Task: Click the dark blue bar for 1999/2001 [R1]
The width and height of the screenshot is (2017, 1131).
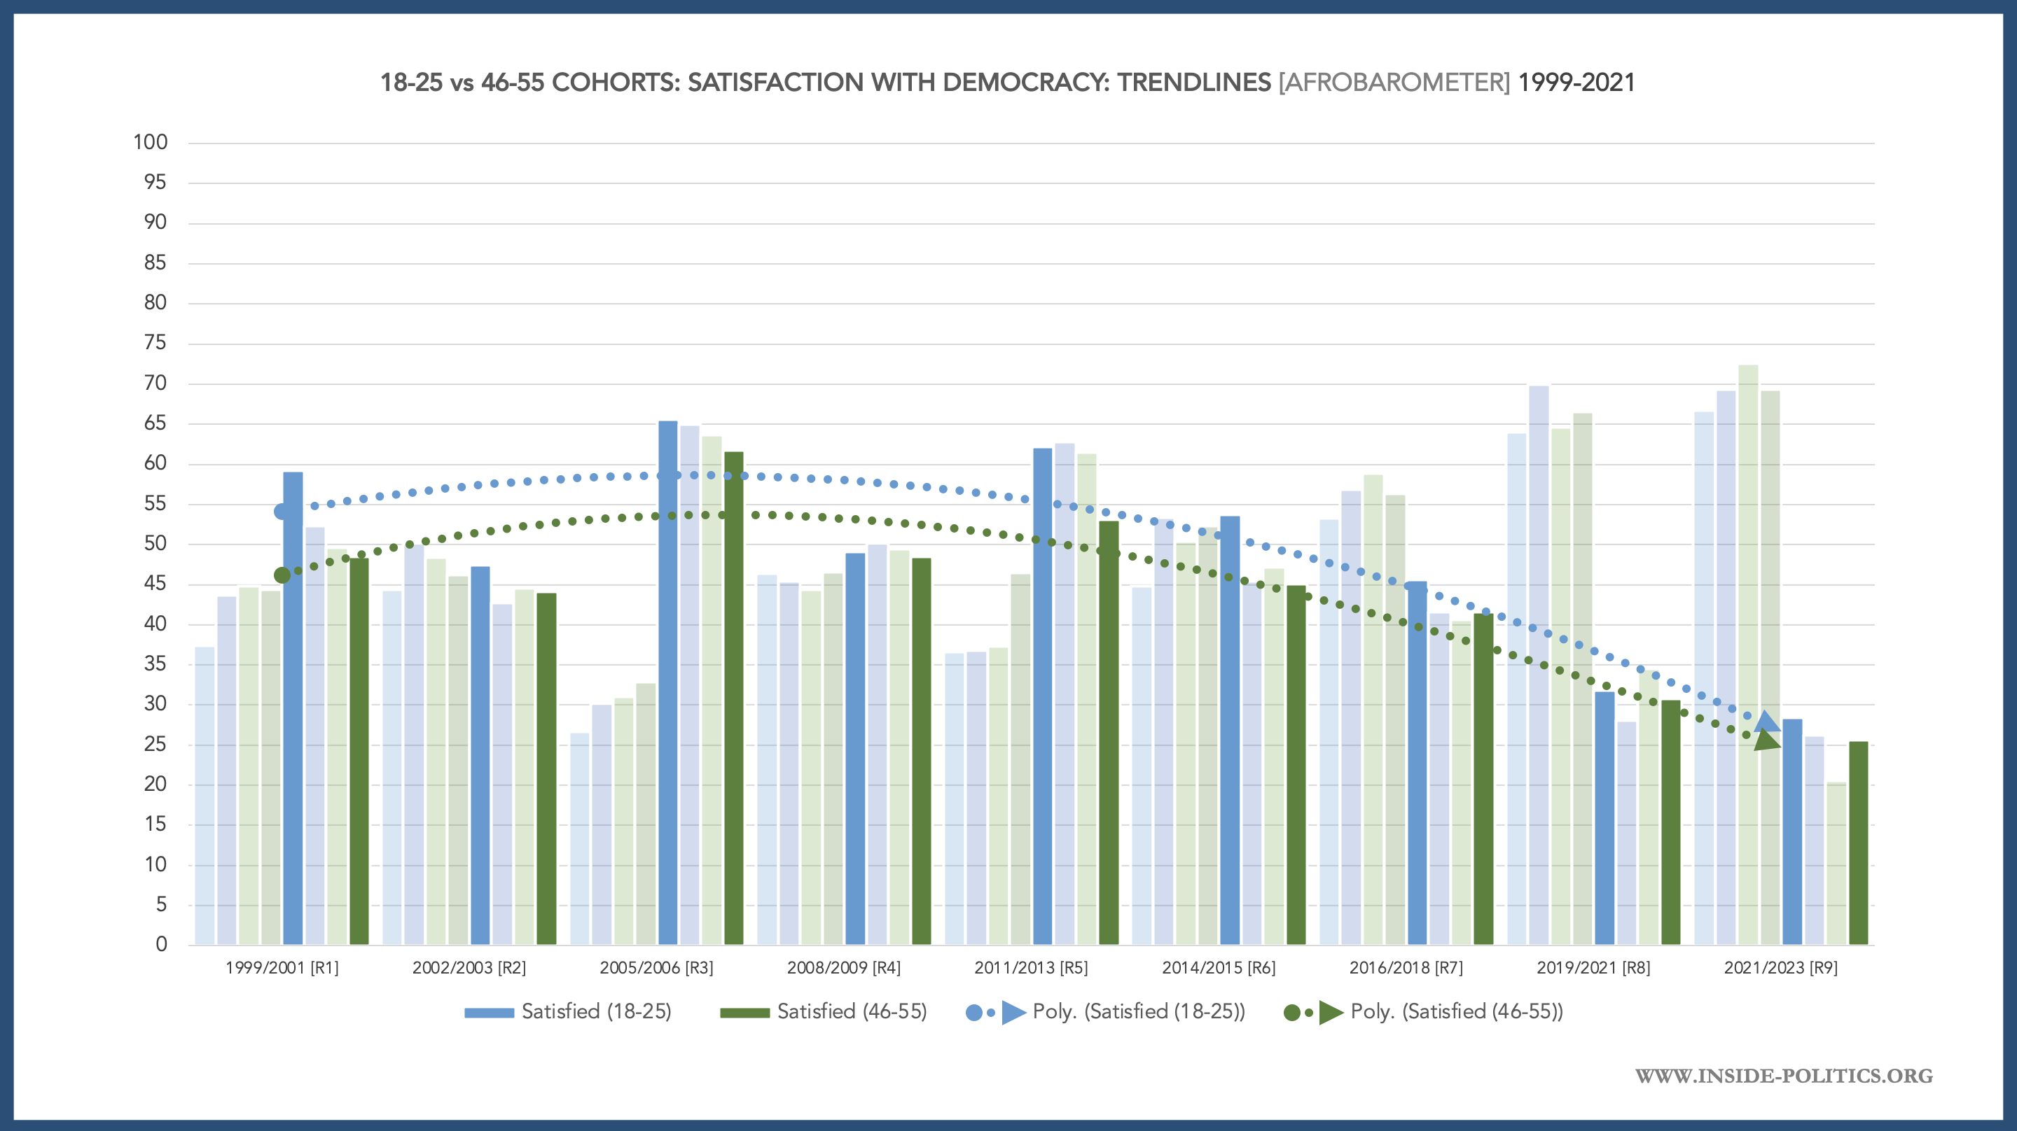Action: (x=293, y=708)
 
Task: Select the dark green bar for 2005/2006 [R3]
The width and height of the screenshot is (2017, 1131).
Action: (x=734, y=697)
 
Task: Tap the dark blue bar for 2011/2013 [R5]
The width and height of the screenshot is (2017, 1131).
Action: (x=1042, y=696)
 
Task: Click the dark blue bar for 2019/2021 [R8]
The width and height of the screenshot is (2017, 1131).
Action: (x=1604, y=818)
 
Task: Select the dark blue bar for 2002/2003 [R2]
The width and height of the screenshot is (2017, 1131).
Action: (x=480, y=755)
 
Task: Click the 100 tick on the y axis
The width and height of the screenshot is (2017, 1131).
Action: (x=151, y=143)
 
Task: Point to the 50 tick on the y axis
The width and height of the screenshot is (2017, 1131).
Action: (x=155, y=543)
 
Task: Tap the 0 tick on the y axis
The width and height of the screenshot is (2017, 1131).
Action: (x=161, y=944)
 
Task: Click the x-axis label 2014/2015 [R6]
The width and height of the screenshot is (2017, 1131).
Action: (x=1219, y=968)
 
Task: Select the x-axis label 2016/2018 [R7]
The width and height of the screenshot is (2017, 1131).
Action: (x=1406, y=968)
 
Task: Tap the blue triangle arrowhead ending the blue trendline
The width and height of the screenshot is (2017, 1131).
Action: (x=1767, y=722)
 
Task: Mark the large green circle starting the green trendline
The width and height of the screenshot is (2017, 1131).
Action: (x=282, y=575)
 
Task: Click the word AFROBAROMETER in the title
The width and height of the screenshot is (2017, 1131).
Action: (x=1394, y=82)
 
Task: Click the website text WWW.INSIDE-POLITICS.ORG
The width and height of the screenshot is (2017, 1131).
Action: (x=1784, y=1076)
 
